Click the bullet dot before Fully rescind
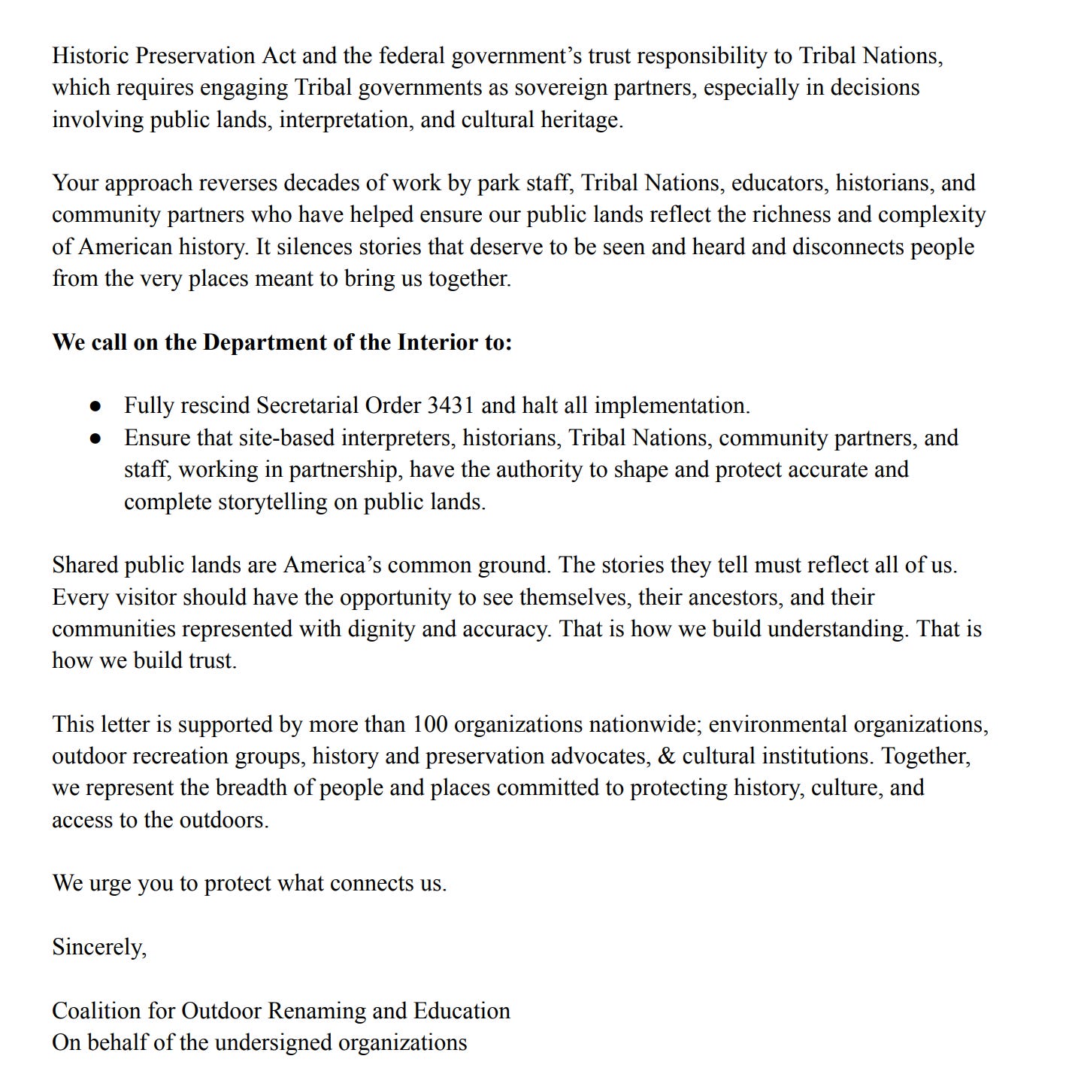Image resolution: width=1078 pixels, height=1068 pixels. pyautogui.click(x=95, y=406)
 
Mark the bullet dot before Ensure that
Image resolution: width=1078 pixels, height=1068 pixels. pyautogui.click(x=95, y=438)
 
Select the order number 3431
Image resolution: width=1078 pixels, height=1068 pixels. pyautogui.click(x=450, y=406)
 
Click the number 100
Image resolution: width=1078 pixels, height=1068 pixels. pyautogui.click(x=430, y=725)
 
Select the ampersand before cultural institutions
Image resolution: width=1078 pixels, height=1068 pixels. pyautogui.click(x=666, y=757)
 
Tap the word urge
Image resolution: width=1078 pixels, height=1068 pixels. pyautogui.click(x=110, y=884)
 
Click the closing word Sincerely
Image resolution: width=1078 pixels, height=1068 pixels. pyautogui.click(x=98, y=948)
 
